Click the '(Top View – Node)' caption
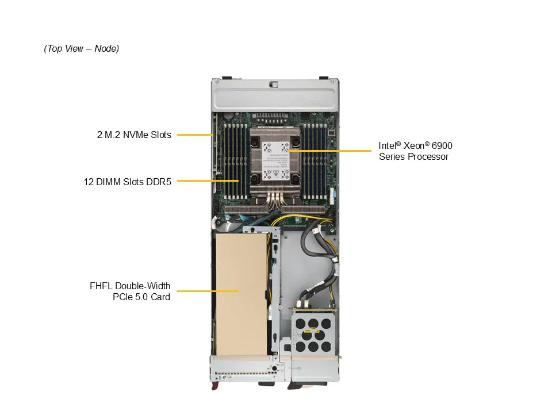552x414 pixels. pyautogui.click(x=81, y=48)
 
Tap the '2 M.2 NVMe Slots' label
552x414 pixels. pyautogui.click(x=134, y=135)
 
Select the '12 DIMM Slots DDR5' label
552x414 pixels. pyautogui.click(x=128, y=182)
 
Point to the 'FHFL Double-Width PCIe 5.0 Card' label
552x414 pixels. pyautogui.click(x=130, y=292)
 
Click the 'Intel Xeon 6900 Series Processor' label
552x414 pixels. pyautogui.click(x=415, y=151)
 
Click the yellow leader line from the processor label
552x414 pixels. pyautogui.click(x=329, y=151)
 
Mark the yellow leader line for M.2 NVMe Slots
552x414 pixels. pyautogui.click(x=195, y=135)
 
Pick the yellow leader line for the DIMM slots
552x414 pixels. pyautogui.click(x=208, y=181)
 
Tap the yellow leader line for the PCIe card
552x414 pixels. pyautogui.click(x=208, y=291)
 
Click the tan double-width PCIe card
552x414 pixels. pyautogui.click(x=241, y=294)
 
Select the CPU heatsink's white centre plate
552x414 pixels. pyautogui.click(x=275, y=161)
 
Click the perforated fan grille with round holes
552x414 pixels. pyautogui.click(x=313, y=335)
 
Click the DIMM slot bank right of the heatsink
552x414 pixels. pyautogui.click(x=316, y=161)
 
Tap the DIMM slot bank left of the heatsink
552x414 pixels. pyautogui.click(x=236, y=161)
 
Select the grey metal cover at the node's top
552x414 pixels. pyautogui.click(x=275, y=95)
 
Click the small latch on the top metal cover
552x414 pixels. pyautogui.click(x=274, y=85)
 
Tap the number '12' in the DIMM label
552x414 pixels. pyautogui.click(x=89, y=182)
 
